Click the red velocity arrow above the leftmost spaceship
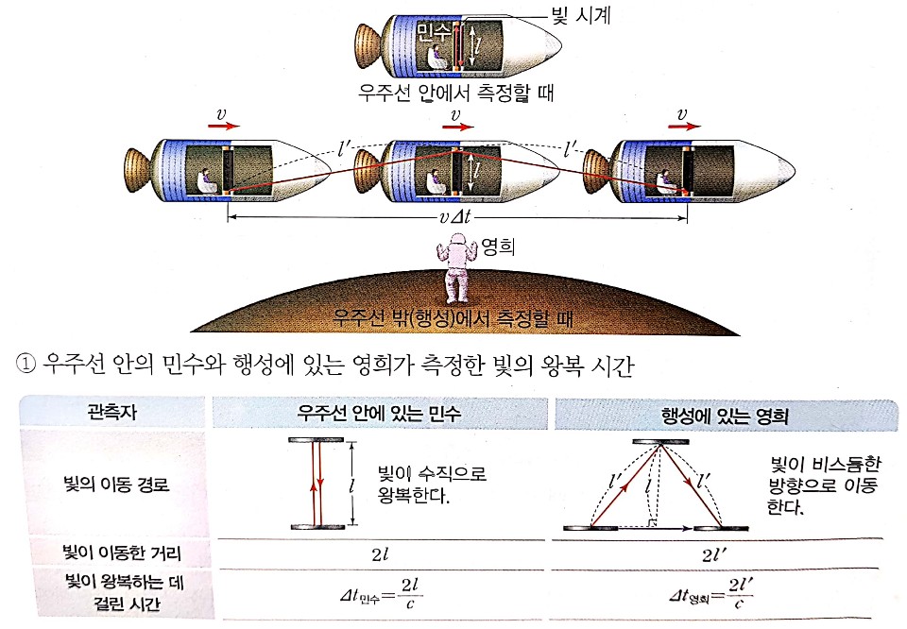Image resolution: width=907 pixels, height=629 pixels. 226,122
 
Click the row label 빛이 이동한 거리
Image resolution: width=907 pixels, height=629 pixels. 112,552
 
